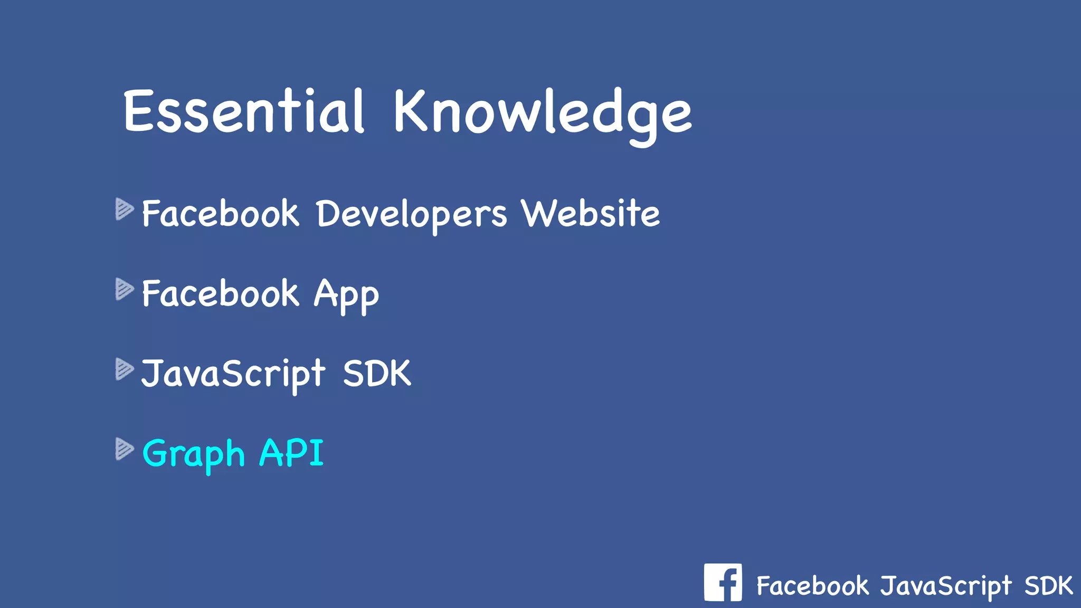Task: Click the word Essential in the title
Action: pyautogui.click(x=244, y=111)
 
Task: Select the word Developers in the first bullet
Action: pyautogui.click(x=412, y=214)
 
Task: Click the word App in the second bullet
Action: pyautogui.click(x=346, y=294)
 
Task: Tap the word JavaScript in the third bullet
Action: pyautogui.click(x=233, y=374)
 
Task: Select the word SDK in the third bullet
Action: pyautogui.click(x=377, y=374)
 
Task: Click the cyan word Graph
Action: pyautogui.click(x=194, y=454)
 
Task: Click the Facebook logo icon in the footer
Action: pyautogui.click(x=723, y=582)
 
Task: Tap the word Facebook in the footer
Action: pyautogui.click(x=812, y=586)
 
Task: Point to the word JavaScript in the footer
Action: pyautogui.click(x=946, y=586)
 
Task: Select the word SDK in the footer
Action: pyautogui.click(x=1048, y=585)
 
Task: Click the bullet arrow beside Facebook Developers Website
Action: pyautogui.click(x=125, y=209)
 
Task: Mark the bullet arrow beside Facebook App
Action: pyautogui.click(x=125, y=289)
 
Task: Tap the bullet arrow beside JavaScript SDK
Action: pyautogui.click(x=125, y=369)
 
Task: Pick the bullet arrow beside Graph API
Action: pyautogui.click(x=125, y=449)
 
